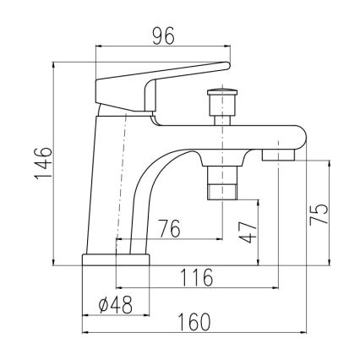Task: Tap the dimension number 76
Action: point(171,228)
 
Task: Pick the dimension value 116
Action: point(196,277)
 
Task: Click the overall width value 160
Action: point(194,322)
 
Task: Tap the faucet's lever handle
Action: point(161,85)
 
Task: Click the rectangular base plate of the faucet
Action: point(115,259)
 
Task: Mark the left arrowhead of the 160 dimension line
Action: point(85,334)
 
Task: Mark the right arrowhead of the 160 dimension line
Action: point(303,334)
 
